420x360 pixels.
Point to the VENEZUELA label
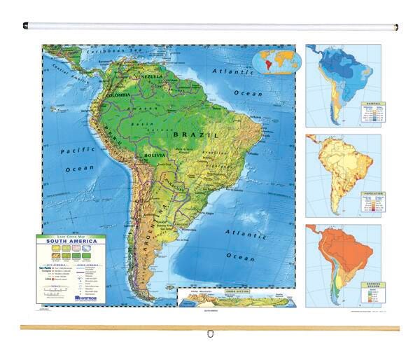click(150, 76)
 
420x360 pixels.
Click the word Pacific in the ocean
click(72, 151)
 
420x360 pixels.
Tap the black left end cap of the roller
click(25, 26)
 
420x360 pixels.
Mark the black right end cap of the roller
click(396, 28)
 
